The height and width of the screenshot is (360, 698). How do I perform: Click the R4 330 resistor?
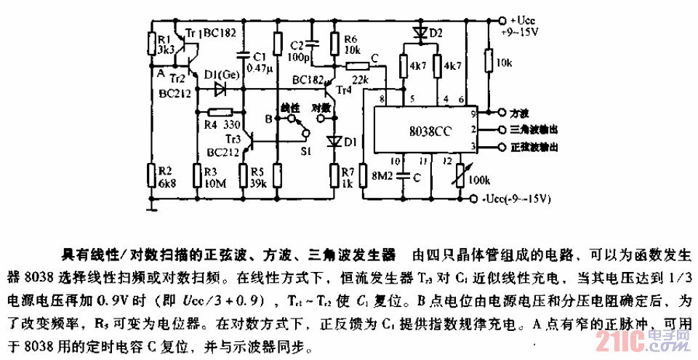click(219, 112)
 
